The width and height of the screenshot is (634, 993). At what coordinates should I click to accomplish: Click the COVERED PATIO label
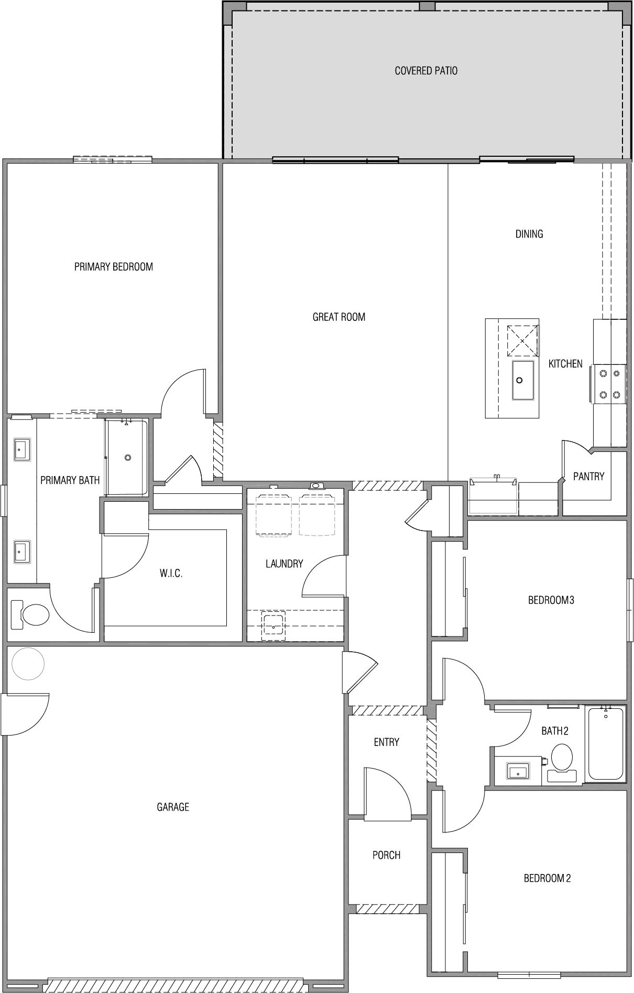pyautogui.click(x=426, y=71)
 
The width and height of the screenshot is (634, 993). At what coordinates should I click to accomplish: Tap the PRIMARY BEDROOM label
pyautogui.click(x=114, y=267)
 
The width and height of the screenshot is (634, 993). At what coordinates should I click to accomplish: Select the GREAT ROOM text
pyautogui.click(x=339, y=317)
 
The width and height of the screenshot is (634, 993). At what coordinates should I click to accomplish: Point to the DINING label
pyautogui.click(x=529, y=234)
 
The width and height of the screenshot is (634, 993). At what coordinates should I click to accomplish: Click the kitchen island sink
pyautogui.click(x=523, y=380)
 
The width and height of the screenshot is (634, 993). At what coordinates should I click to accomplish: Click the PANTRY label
pyautogui.click(x=589, y=477)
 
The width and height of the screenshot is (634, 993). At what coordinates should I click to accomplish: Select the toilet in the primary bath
pyautogui.click(x=31, y=614)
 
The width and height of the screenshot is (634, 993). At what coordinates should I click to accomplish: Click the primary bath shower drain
pyautogui.click(x=128, y=457)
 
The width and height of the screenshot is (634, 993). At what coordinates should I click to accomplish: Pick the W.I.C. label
pyautogui.click(x=171, y=574)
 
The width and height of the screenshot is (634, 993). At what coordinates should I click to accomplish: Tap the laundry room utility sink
pyautogui.click(x=274, y=624)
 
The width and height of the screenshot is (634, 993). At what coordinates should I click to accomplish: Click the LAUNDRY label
pyautogui.click(x=285, y=564)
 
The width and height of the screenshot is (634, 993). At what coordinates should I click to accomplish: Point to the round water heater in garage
pyautogui.click(x=28, y=664)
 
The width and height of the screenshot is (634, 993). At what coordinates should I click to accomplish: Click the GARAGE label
pyautogui.click(x=173, y=807)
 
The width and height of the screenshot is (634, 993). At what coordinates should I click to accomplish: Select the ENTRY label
pyautogui.click(x=387, y=742)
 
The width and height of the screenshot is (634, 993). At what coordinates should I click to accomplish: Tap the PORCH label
pyautogui.click(x=387, y=855)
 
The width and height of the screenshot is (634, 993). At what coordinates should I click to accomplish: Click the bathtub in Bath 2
pyautogui.click(x=606, y=743)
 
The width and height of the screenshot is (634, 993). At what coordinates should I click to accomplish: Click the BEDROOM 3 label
pyautogui.click(x=551, y=600)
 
